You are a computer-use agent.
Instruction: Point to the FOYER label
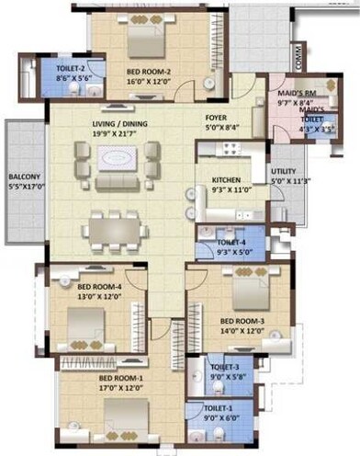coord(217,118)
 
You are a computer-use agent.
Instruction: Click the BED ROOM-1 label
coord(120,378)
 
